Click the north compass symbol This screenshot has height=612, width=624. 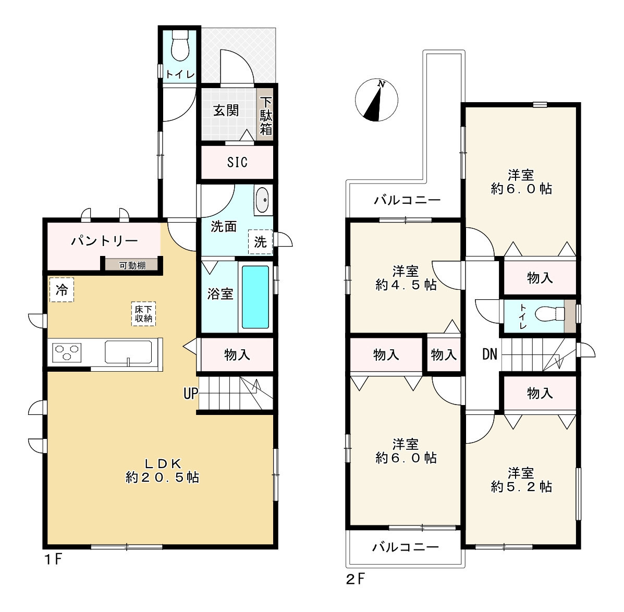click(x=376, y=100)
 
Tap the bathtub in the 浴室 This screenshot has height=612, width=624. click(x=255, y=297)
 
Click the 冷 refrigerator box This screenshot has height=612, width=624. click(x=62, y=290)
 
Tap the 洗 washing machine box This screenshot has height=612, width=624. click(x=260, y=242)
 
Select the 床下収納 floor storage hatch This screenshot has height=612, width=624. click(x=143, y=314)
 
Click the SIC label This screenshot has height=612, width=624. click(x=237, y=162)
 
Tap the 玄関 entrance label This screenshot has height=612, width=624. click(x=226, y=111)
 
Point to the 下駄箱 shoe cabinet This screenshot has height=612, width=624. click(x=266, y=115)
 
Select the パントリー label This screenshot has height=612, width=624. click(x=104, y=241)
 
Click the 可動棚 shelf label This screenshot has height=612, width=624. click(x=132, y=265)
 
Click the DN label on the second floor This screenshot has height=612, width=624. click(x=489, y=355)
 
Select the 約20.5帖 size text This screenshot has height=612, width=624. click(x=162, y=477)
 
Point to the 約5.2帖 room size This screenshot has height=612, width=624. click(x=521, y=486)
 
